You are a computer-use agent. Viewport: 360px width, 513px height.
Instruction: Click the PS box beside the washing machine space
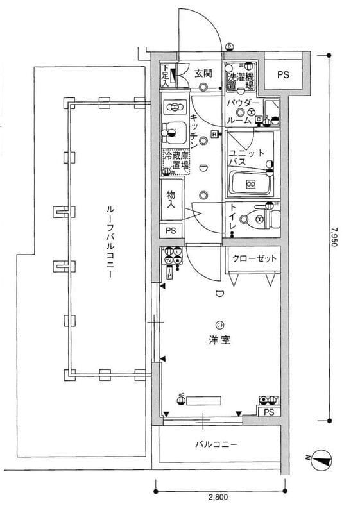click(283, 74)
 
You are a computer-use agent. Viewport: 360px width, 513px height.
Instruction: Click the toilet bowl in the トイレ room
click(262, 219)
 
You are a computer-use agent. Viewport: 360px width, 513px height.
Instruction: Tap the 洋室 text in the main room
click(219, 341)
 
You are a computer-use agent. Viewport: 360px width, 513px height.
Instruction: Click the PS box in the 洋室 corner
click(269, 412)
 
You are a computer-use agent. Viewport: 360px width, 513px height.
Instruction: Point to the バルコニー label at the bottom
click(217, 444)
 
